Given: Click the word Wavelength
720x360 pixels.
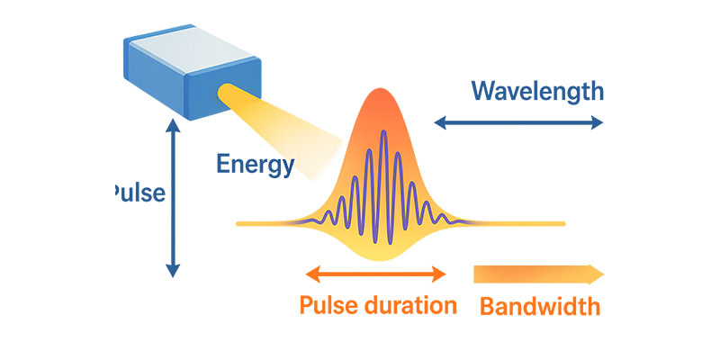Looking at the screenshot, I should click(x=537, y=91).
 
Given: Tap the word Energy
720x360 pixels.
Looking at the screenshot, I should click(x=255, y=165).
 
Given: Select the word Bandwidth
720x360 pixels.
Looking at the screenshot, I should click(x=539, y=306).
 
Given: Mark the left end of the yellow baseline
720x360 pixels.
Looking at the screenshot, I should click(x=238, y=222).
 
